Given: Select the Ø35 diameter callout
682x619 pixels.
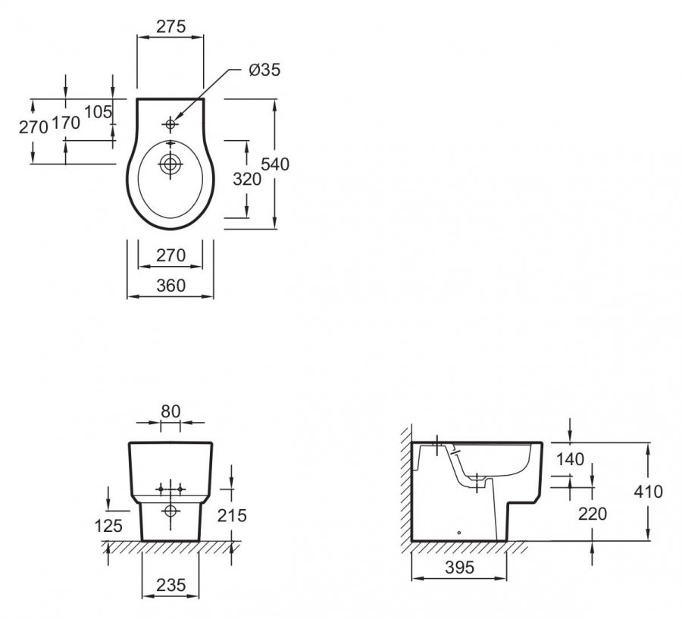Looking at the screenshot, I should (x=264, y=70).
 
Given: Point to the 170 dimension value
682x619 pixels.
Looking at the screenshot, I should (x=66, y=123).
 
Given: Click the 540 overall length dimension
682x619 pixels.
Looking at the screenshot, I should (x=275, y=164).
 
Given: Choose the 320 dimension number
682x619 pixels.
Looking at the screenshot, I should (x=247, y=180).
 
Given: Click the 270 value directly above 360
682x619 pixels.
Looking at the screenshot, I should (x=170, y=256).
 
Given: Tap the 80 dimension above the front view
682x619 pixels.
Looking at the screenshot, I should (x=170, y=411).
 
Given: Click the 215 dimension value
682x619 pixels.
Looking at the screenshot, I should (x=233, y=515).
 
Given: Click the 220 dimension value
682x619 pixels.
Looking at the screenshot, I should (x=592, y=514).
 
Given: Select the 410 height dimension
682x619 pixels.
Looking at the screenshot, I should (x=648, y=492).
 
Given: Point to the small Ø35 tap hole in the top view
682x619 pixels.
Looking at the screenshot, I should (x=170, y=123).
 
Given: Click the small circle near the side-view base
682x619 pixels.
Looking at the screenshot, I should (x=460, y=533).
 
